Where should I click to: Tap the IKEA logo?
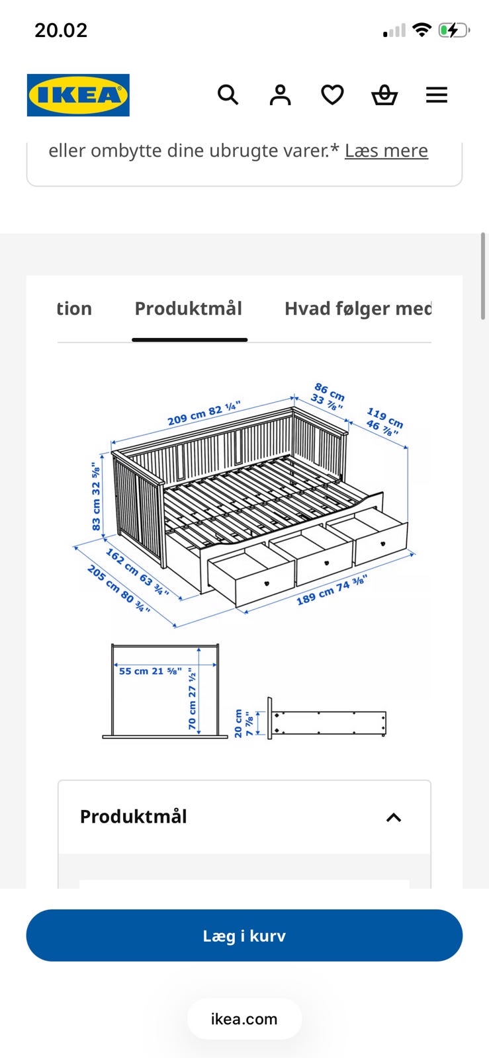click(x=79, y=95)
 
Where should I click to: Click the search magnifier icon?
click(x=228, y=95)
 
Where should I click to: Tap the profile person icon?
click(x=280, y=95)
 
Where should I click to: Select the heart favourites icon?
click(x=332, y=95)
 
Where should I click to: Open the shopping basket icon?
click(x=384, y=95)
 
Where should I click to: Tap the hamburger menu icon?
click(x=437, y=95)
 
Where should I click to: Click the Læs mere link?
click(x=386, y=151)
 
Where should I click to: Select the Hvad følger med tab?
click(x=358, y=308)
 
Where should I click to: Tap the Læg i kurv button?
click(x=244, y=935)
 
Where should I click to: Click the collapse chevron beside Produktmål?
click(x=394, y=817)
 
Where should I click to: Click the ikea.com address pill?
click(x=244, y=1019)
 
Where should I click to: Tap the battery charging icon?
click(x=453, y=30)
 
